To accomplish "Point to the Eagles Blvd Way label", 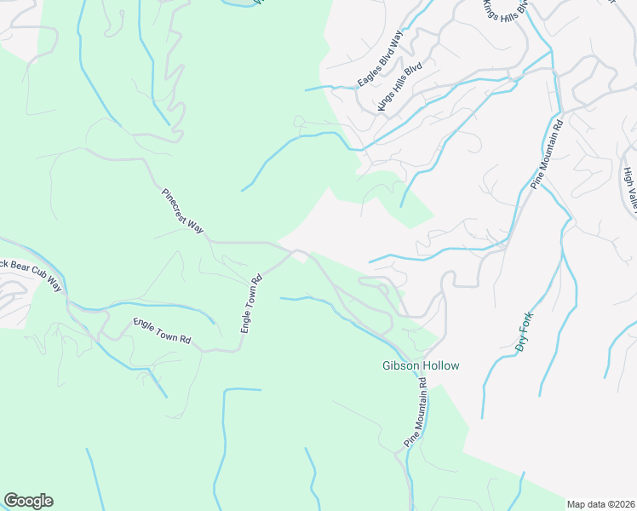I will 379,60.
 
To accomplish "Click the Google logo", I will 28,501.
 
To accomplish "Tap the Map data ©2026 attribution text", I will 600,503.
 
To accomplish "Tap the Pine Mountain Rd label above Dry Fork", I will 547,154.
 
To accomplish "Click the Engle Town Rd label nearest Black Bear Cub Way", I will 162,331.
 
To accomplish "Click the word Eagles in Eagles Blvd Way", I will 368,75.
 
